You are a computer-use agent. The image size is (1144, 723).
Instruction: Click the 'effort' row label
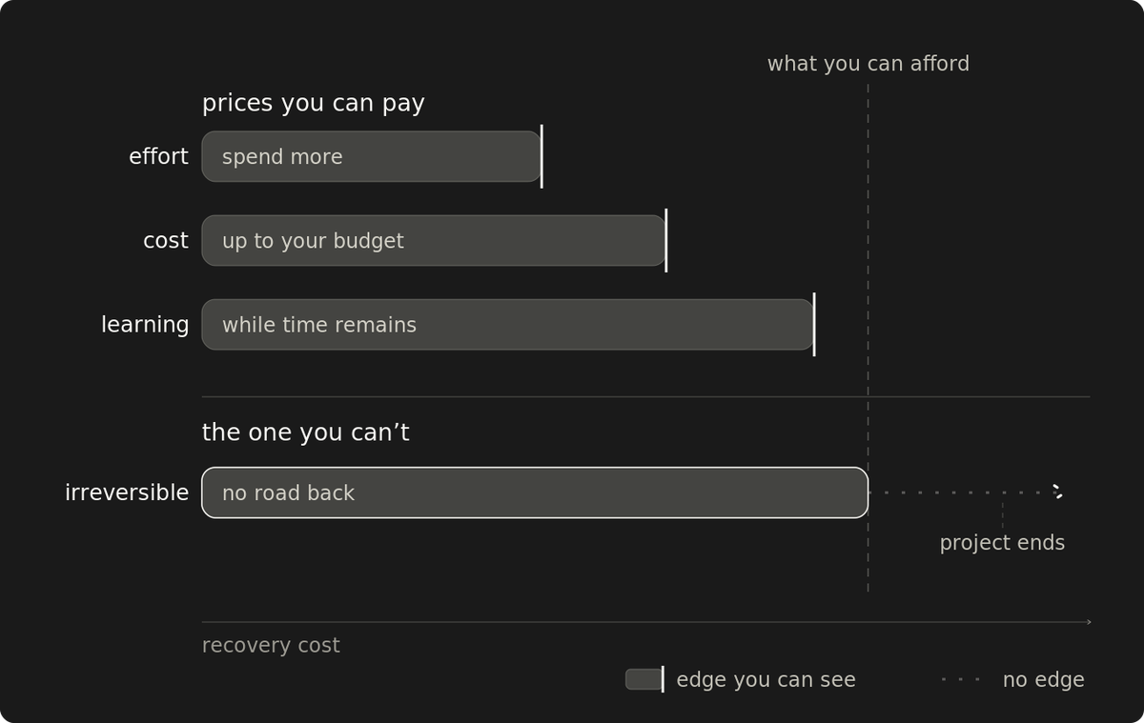(x=158, y=156)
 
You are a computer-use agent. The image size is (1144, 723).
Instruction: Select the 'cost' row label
(x=166, y=240)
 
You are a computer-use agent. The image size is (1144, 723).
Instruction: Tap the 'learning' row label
(x=145, y=325)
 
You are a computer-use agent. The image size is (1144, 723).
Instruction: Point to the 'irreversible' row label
(x=127, y=492)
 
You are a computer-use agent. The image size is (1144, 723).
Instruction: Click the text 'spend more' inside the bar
(x=282, y=157)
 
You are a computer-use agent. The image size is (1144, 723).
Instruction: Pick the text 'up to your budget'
(x=313, y=241)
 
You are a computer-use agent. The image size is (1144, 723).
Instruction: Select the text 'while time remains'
(x=319, y=325)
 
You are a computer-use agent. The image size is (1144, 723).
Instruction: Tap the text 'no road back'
(x=288, y=493)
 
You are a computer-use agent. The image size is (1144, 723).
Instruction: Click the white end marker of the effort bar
(x=541, y=156)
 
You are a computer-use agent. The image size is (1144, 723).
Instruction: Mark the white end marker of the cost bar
(x=666, y=240)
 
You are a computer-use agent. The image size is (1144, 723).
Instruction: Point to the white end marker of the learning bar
(x=814, y=325)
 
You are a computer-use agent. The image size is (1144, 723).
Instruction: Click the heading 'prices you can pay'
(x=313, y=104)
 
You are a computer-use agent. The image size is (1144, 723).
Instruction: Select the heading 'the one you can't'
(x=305, y=432)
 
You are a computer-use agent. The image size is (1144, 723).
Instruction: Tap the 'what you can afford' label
(x=868, y=64)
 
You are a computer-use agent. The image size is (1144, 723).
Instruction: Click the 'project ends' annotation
(x=1002, y=543)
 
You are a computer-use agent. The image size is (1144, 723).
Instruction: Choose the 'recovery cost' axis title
(x=271, y=646)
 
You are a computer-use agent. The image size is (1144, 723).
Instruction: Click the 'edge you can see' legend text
(x=766, y=680)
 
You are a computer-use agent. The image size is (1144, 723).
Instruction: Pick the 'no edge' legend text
(x=1043, y=680)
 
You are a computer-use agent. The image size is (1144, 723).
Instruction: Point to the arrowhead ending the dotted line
(x=1058, y=492)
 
